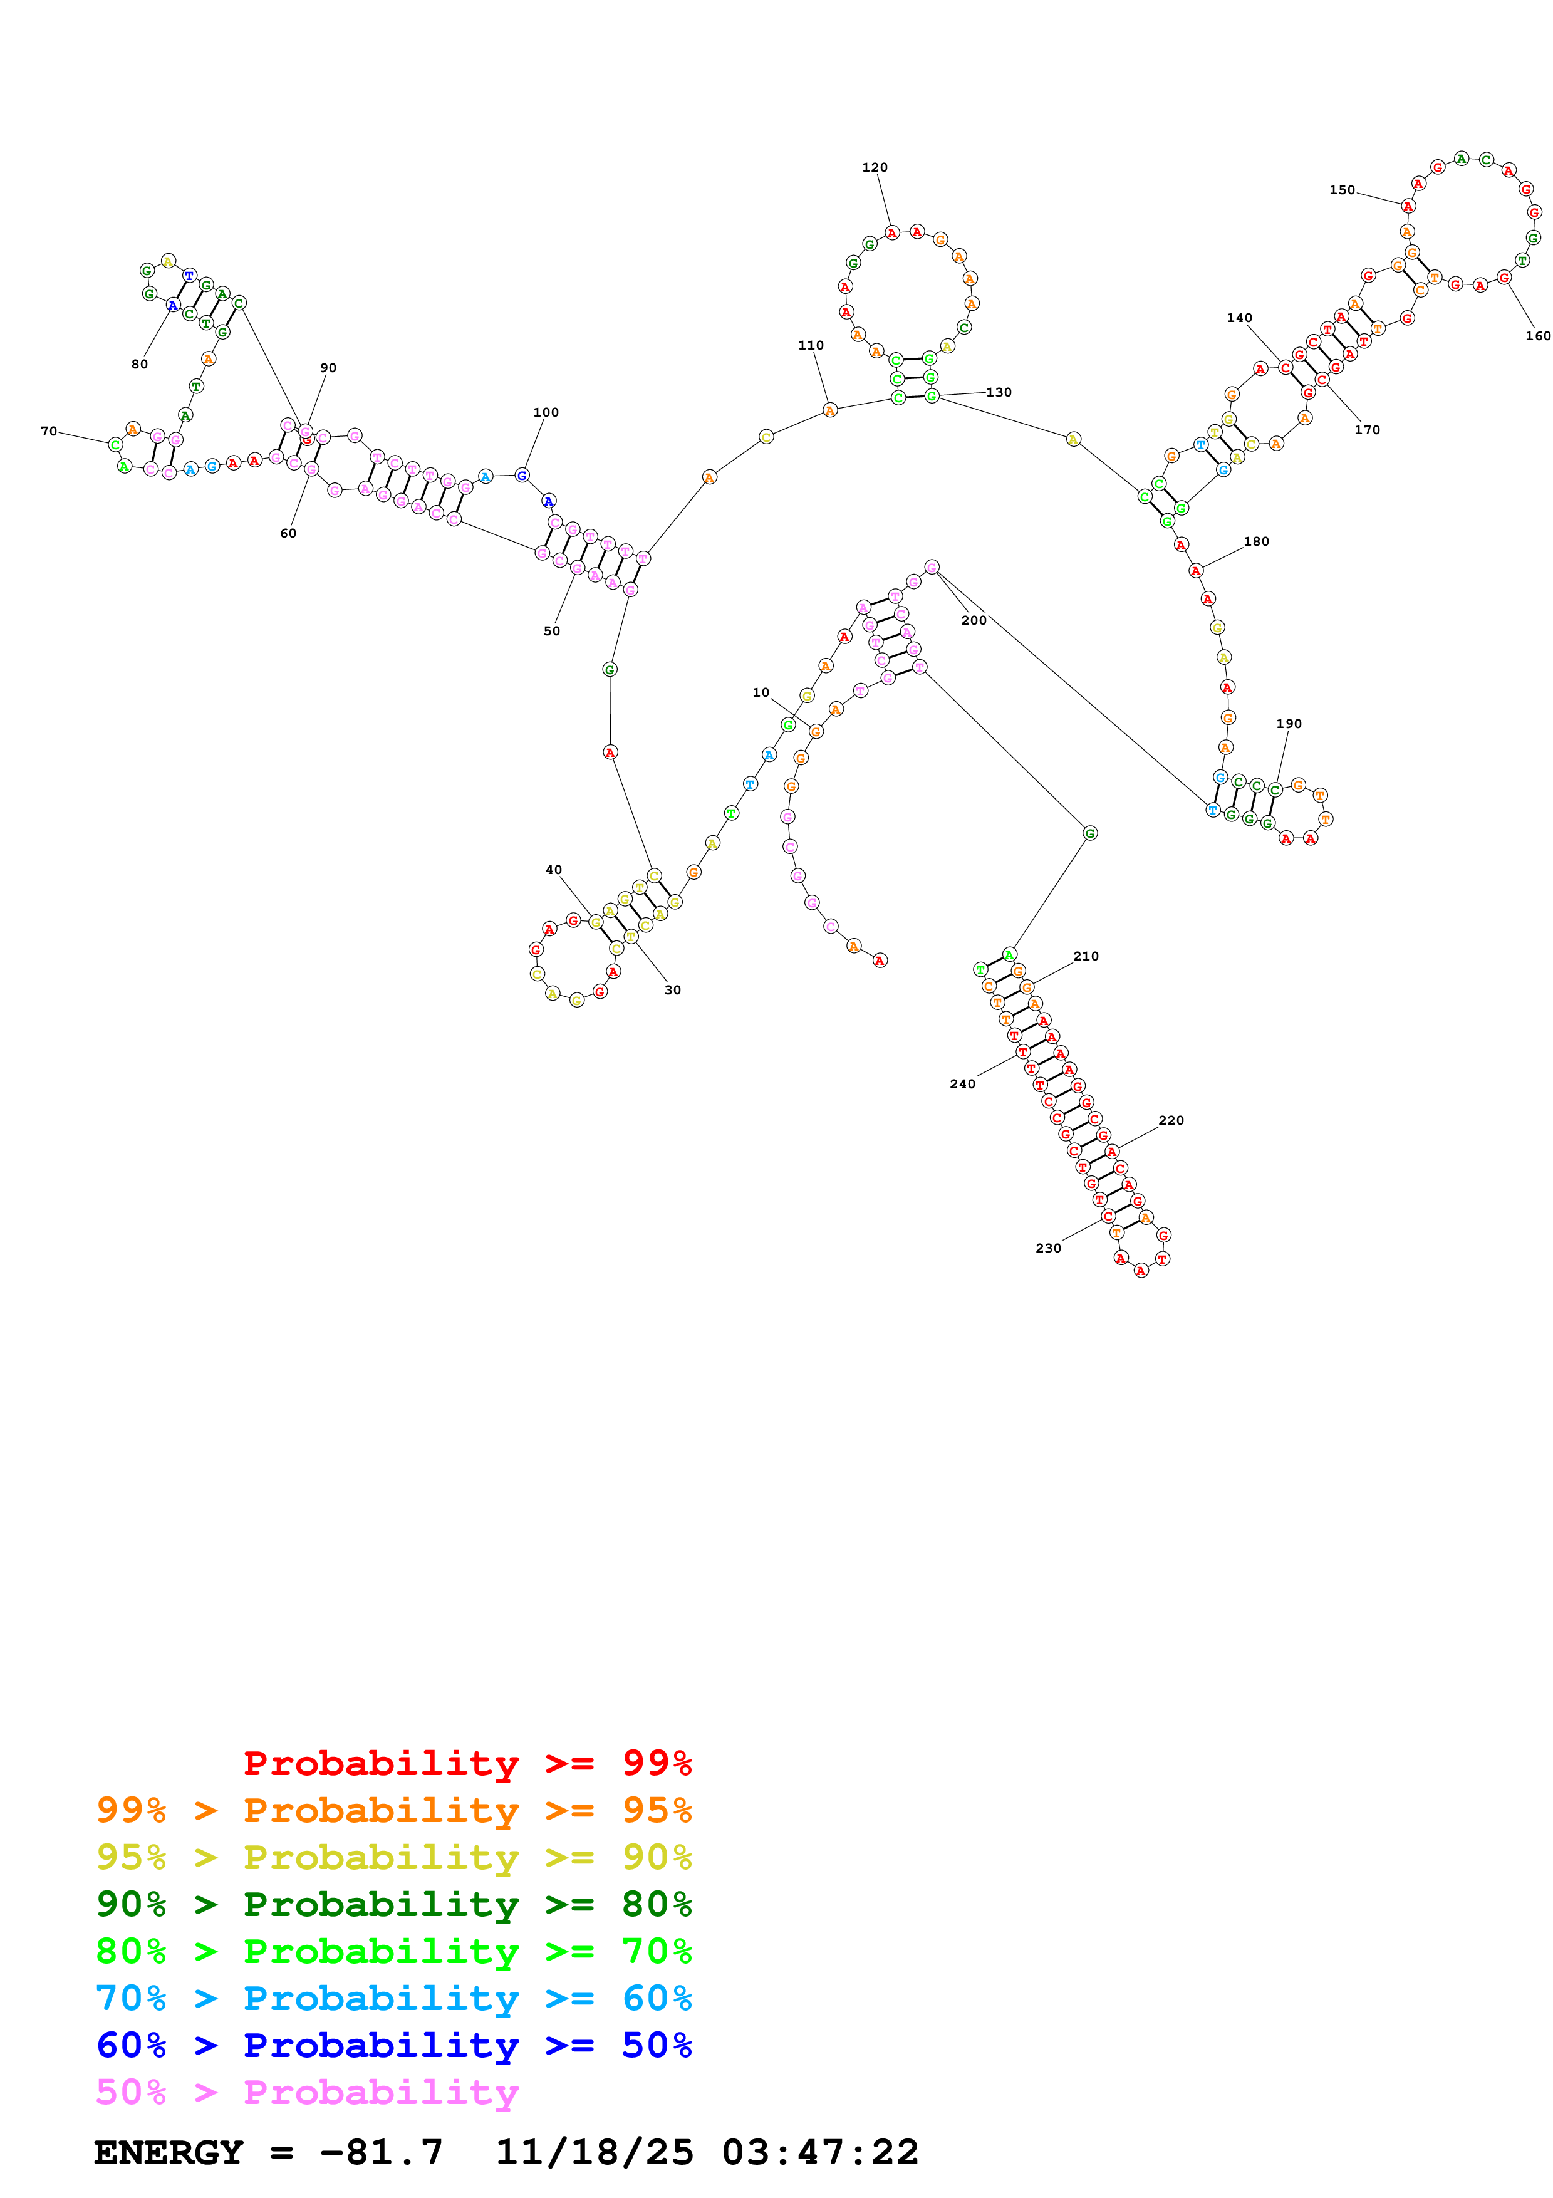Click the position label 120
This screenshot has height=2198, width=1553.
point(875,167)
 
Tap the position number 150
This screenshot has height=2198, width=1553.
point(1341,190)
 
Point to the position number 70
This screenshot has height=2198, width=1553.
point(49,432)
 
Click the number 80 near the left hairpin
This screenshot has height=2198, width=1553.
point(140,365)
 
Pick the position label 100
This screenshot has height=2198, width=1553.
point(546,413)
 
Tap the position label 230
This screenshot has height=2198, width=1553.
point(1048,1248)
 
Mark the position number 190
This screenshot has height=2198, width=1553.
point(1288,724)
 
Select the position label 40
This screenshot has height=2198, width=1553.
point(553,870)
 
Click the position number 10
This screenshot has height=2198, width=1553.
point(761,693)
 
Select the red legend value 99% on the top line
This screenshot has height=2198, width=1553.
point(657,1763)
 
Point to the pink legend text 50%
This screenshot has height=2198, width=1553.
point(131,2093)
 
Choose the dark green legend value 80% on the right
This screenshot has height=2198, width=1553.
point(657,1904)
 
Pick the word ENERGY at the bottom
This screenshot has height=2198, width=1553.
point(169,2153)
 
